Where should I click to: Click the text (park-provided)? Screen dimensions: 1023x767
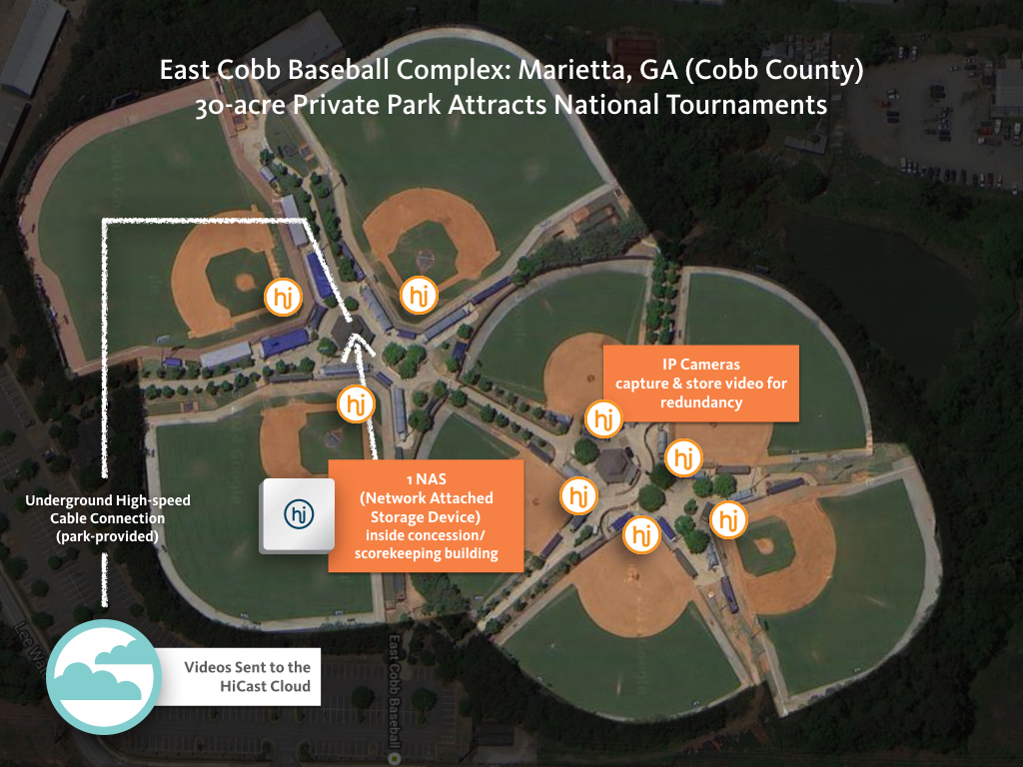click(107, 536)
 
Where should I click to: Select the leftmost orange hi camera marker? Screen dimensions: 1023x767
click(281, 297)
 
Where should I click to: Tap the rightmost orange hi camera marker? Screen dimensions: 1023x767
click(728, 519)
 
